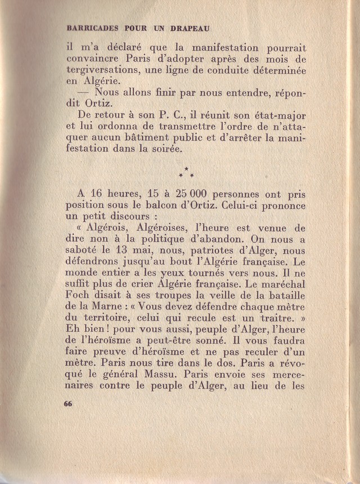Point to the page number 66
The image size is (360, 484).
coord(69,404)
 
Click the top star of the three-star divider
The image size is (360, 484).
coord(186,169)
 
